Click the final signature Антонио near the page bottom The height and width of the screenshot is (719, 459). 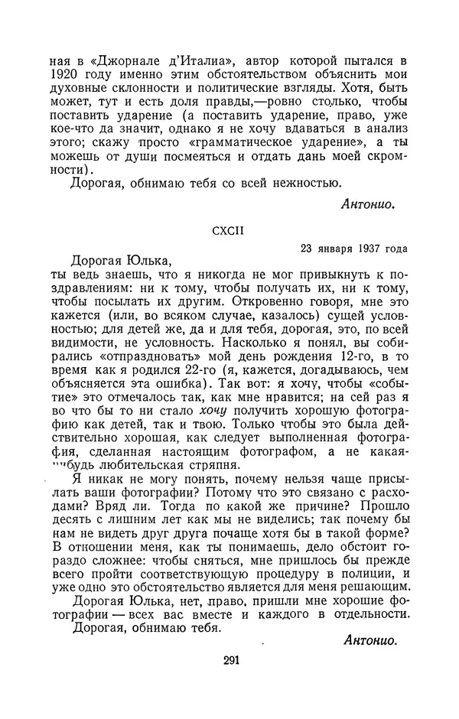[372, 639]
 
